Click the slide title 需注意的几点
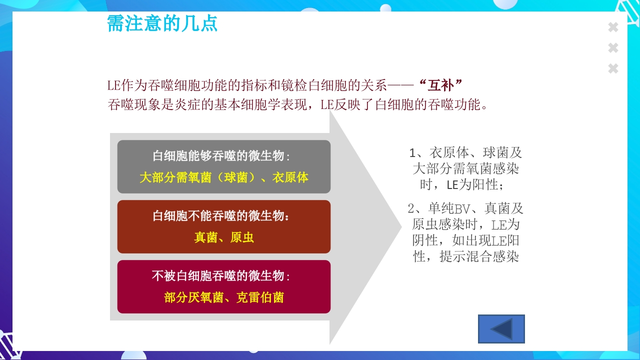(x=162, y=23)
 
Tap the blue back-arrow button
(x=501, y=329)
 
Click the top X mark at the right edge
(x=613, y=27)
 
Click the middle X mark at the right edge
(x=613, y=48)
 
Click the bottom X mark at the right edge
(x=613, y=68)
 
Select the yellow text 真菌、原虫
(x=224, y=237)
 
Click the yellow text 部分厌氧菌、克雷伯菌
(x=224, y=297)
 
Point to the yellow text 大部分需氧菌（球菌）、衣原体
(x=224, y=177)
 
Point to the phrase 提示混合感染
(x=479, y=257)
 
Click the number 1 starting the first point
(x=412, y=153)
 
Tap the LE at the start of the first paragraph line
(x=114, y=85)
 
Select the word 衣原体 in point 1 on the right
(x=449, y=153)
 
